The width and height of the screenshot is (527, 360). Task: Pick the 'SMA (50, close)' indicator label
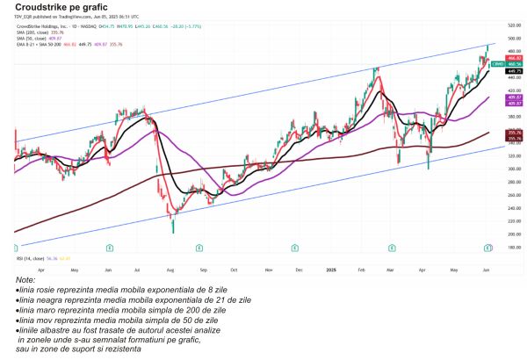(x=31, y=40)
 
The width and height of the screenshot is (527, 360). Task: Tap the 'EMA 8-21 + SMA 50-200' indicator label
(x=39, y=47)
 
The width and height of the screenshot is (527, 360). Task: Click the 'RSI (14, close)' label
(x=28, y=259)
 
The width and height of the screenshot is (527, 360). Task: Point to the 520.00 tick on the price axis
(x=505, y=25)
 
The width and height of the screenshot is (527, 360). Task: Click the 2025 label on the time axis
(x=330, y=248)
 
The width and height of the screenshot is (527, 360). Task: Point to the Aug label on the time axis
(x=170, y=248)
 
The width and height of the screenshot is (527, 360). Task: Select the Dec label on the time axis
(x=299, y=248)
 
